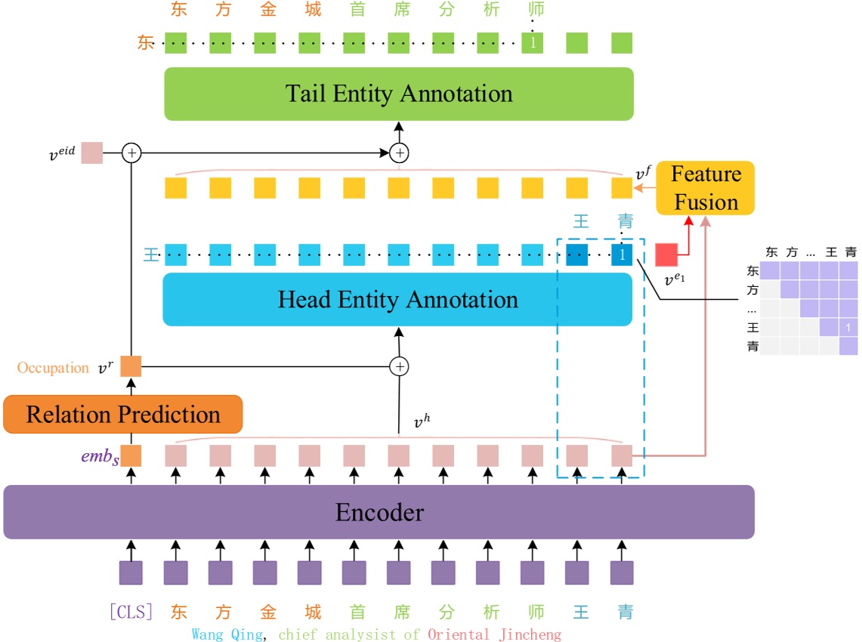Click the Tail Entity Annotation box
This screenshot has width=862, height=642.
pos(398,94)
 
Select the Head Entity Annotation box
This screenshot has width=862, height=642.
pos(397,299)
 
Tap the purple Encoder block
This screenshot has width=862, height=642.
pos(378,512)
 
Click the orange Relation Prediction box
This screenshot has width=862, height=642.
pos(122,415)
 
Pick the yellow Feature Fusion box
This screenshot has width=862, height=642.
pos(705,188)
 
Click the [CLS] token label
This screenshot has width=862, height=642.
pos(131,612)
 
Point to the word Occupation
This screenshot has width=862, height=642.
pos(53,368)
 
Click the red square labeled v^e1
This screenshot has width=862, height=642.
pos(666,255)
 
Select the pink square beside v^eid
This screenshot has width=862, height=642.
pos(91,153)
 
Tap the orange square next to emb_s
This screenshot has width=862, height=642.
pos(131,455)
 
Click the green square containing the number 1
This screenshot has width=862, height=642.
pos(533,43)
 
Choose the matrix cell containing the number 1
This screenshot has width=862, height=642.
pos(848,328)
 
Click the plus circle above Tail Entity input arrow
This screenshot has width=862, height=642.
pos(399,153)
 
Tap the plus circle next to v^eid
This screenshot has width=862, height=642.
pos(131,153)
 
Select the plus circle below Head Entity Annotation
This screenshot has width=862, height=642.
pos(399,367)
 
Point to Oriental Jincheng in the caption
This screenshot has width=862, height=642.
pos(494,634)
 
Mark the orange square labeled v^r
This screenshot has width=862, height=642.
pos(131,366)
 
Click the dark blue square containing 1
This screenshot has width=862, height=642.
pos(622,255)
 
